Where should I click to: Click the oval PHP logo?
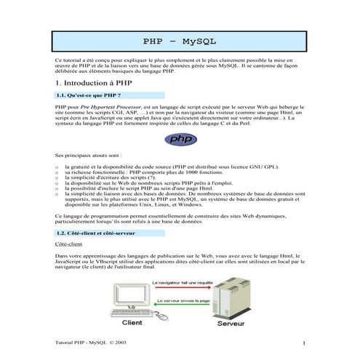point(180,138)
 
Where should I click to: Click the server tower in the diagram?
point(227,299)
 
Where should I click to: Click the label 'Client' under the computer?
point(132,323)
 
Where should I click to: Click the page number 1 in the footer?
point(303,343)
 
